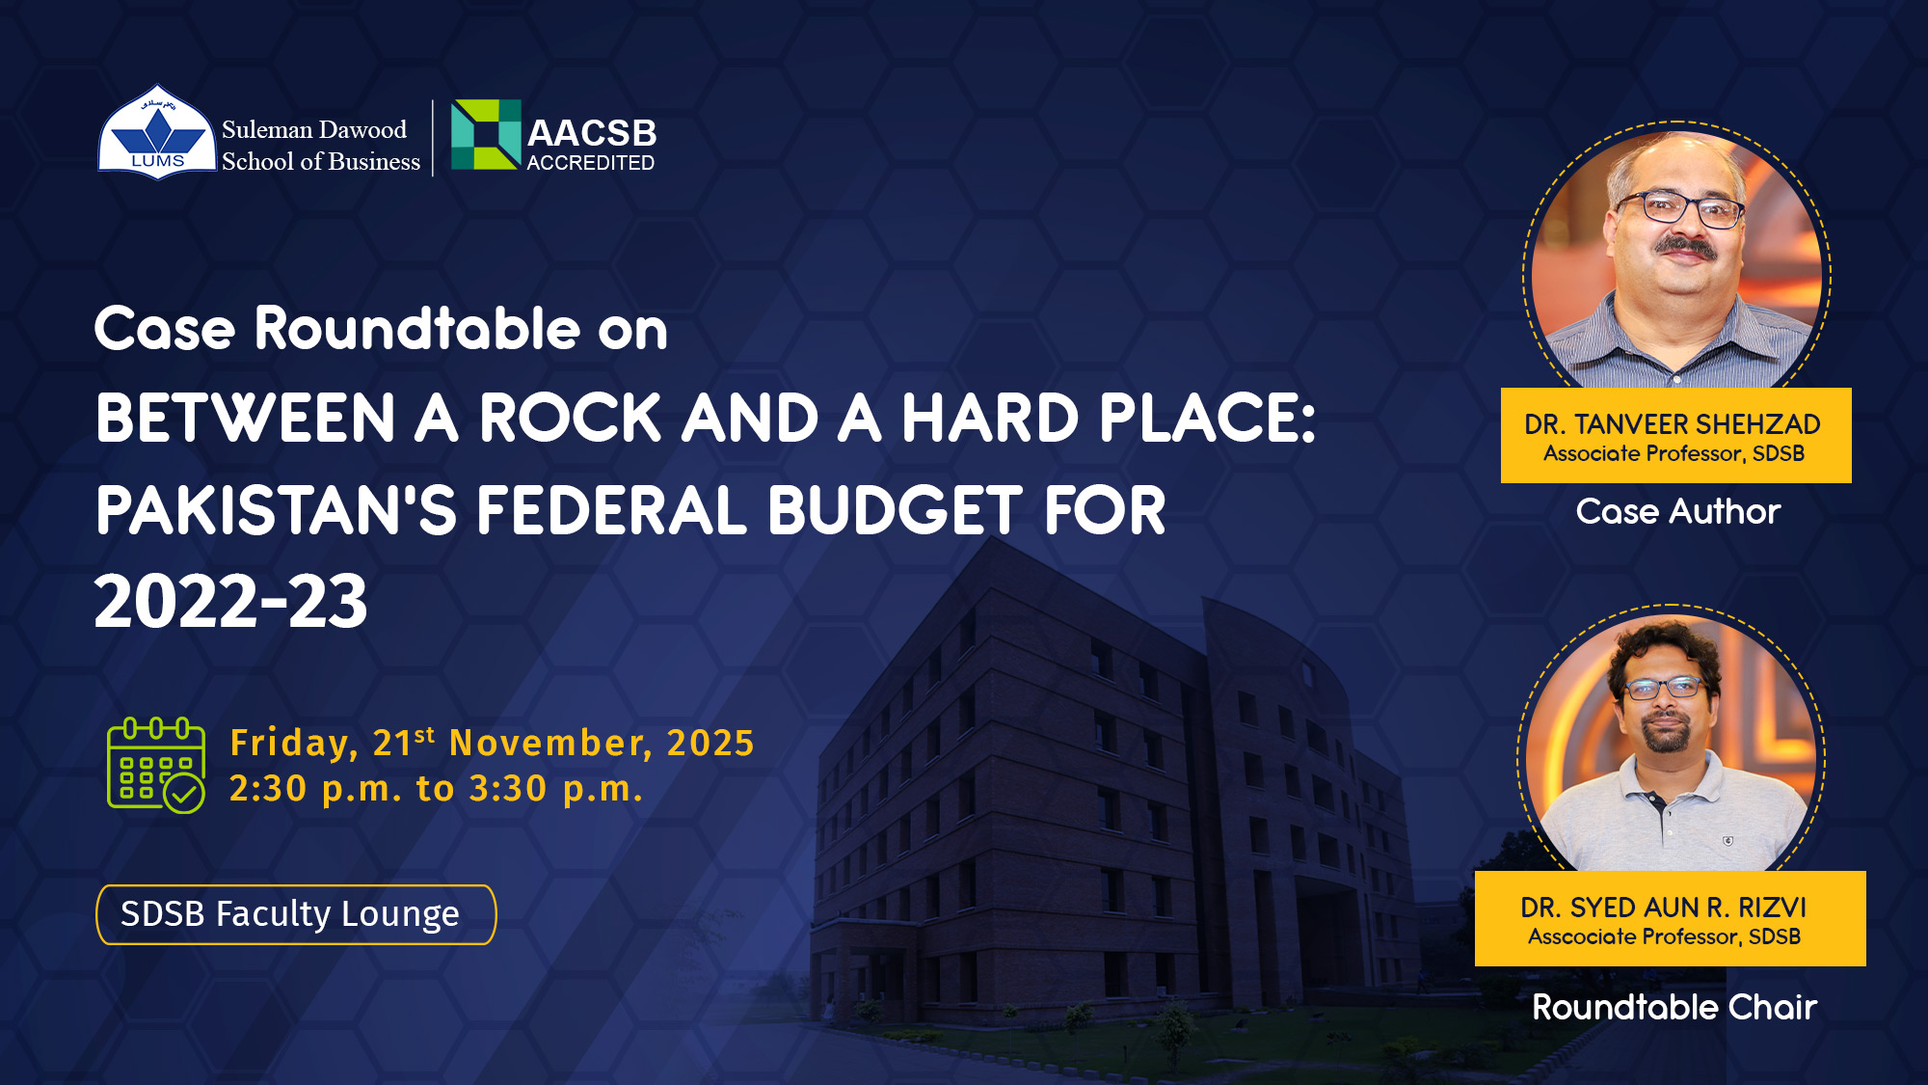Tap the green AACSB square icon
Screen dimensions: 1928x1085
tap(486, 134)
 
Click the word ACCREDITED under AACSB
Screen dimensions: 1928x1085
tap(591, 163)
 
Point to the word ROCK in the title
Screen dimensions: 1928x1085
tap(570, 419)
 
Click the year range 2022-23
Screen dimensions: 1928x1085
tap(231, 602)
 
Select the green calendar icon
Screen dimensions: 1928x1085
tap(156, 766)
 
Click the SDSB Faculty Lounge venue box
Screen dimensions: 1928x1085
tap(296, 914)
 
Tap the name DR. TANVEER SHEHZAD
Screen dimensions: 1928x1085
tap(1673, 424)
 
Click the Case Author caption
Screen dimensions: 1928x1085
tap(1678, 511)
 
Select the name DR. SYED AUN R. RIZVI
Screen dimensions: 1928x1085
tap(1664, 908)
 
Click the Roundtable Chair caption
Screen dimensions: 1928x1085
tap(1674, 1007)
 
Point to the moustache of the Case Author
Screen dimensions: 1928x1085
tap(1685, 248)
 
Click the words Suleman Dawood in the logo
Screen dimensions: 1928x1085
tap(314, 129)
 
